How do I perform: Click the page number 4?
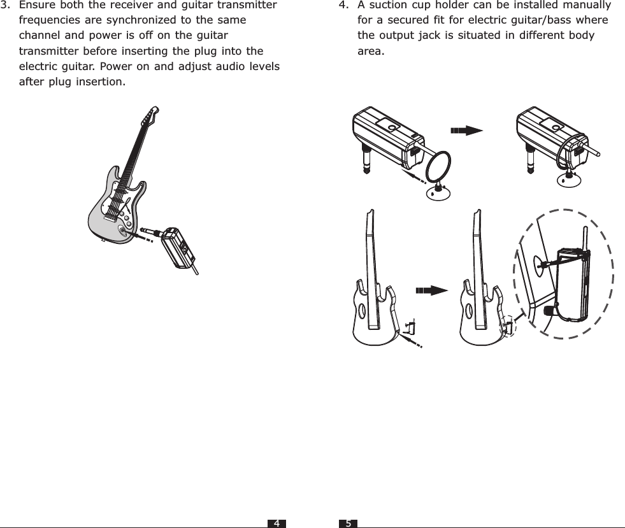[x=277, y=523]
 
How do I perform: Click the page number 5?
[x=348, y=523]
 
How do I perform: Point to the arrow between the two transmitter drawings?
[x=466, y=131]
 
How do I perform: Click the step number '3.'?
[x=6, y=6]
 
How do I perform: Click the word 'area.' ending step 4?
[x=371, y=51]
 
